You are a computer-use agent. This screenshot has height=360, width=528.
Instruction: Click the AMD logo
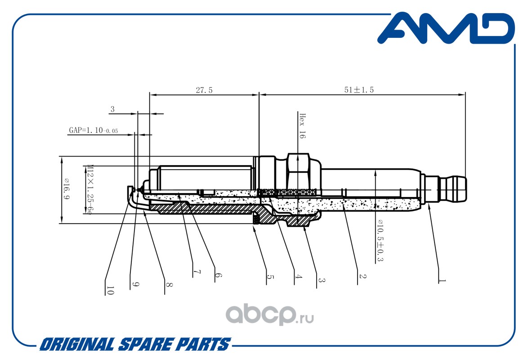[x=446, y=28]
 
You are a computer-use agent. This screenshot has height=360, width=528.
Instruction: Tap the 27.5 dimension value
[x=204, y=90]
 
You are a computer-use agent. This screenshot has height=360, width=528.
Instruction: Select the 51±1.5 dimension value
[x=359, y=90]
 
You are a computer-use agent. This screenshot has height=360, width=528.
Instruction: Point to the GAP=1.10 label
[x=93, y=130]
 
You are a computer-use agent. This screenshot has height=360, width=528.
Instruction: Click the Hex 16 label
[x=302, y=126]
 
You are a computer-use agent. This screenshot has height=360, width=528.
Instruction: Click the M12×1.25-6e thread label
[x=89, y=190]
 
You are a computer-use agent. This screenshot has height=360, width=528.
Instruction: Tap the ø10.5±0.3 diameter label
[x=380, y=240]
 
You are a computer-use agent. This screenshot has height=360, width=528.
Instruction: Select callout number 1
[x=442, y=280]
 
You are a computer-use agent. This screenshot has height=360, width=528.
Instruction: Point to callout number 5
[x=270, y=277]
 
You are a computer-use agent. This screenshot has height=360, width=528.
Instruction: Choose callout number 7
[x=197, y=272]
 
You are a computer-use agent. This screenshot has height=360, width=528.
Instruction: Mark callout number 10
[x=110, y=291]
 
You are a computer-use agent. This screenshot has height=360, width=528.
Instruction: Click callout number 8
[x=169, y=284]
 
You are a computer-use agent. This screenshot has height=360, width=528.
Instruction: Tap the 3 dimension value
[x=112, y=109]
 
